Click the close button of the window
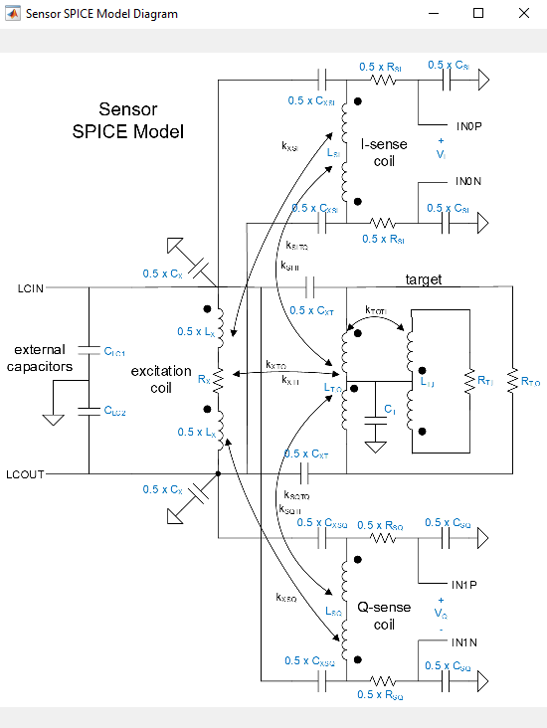523,14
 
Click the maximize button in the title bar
478,14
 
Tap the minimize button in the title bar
434,14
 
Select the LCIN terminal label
30,288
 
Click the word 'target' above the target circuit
424,280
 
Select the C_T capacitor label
390,411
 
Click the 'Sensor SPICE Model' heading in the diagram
141,120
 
